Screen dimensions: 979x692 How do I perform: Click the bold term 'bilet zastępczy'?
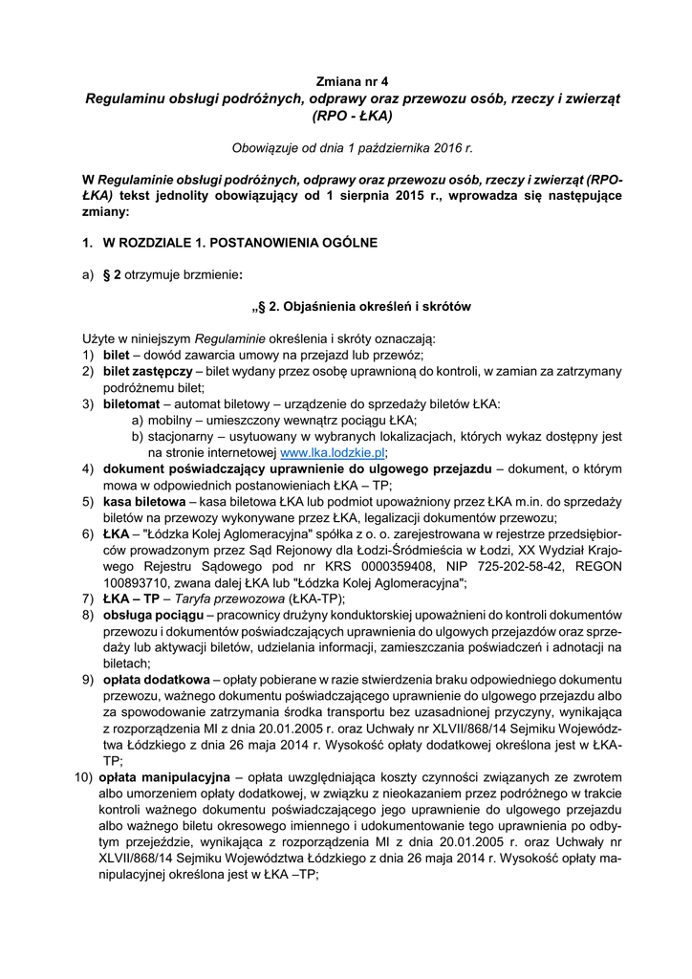pyautogui.click(x=146, y=371)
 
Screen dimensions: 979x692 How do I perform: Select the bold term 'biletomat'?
pyautogui.click(x=133, y=403)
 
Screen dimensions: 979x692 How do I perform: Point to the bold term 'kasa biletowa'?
pyautogui.click(x=145, y=501)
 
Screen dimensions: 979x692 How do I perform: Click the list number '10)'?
pyautogui.click(x=83, y=777)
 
